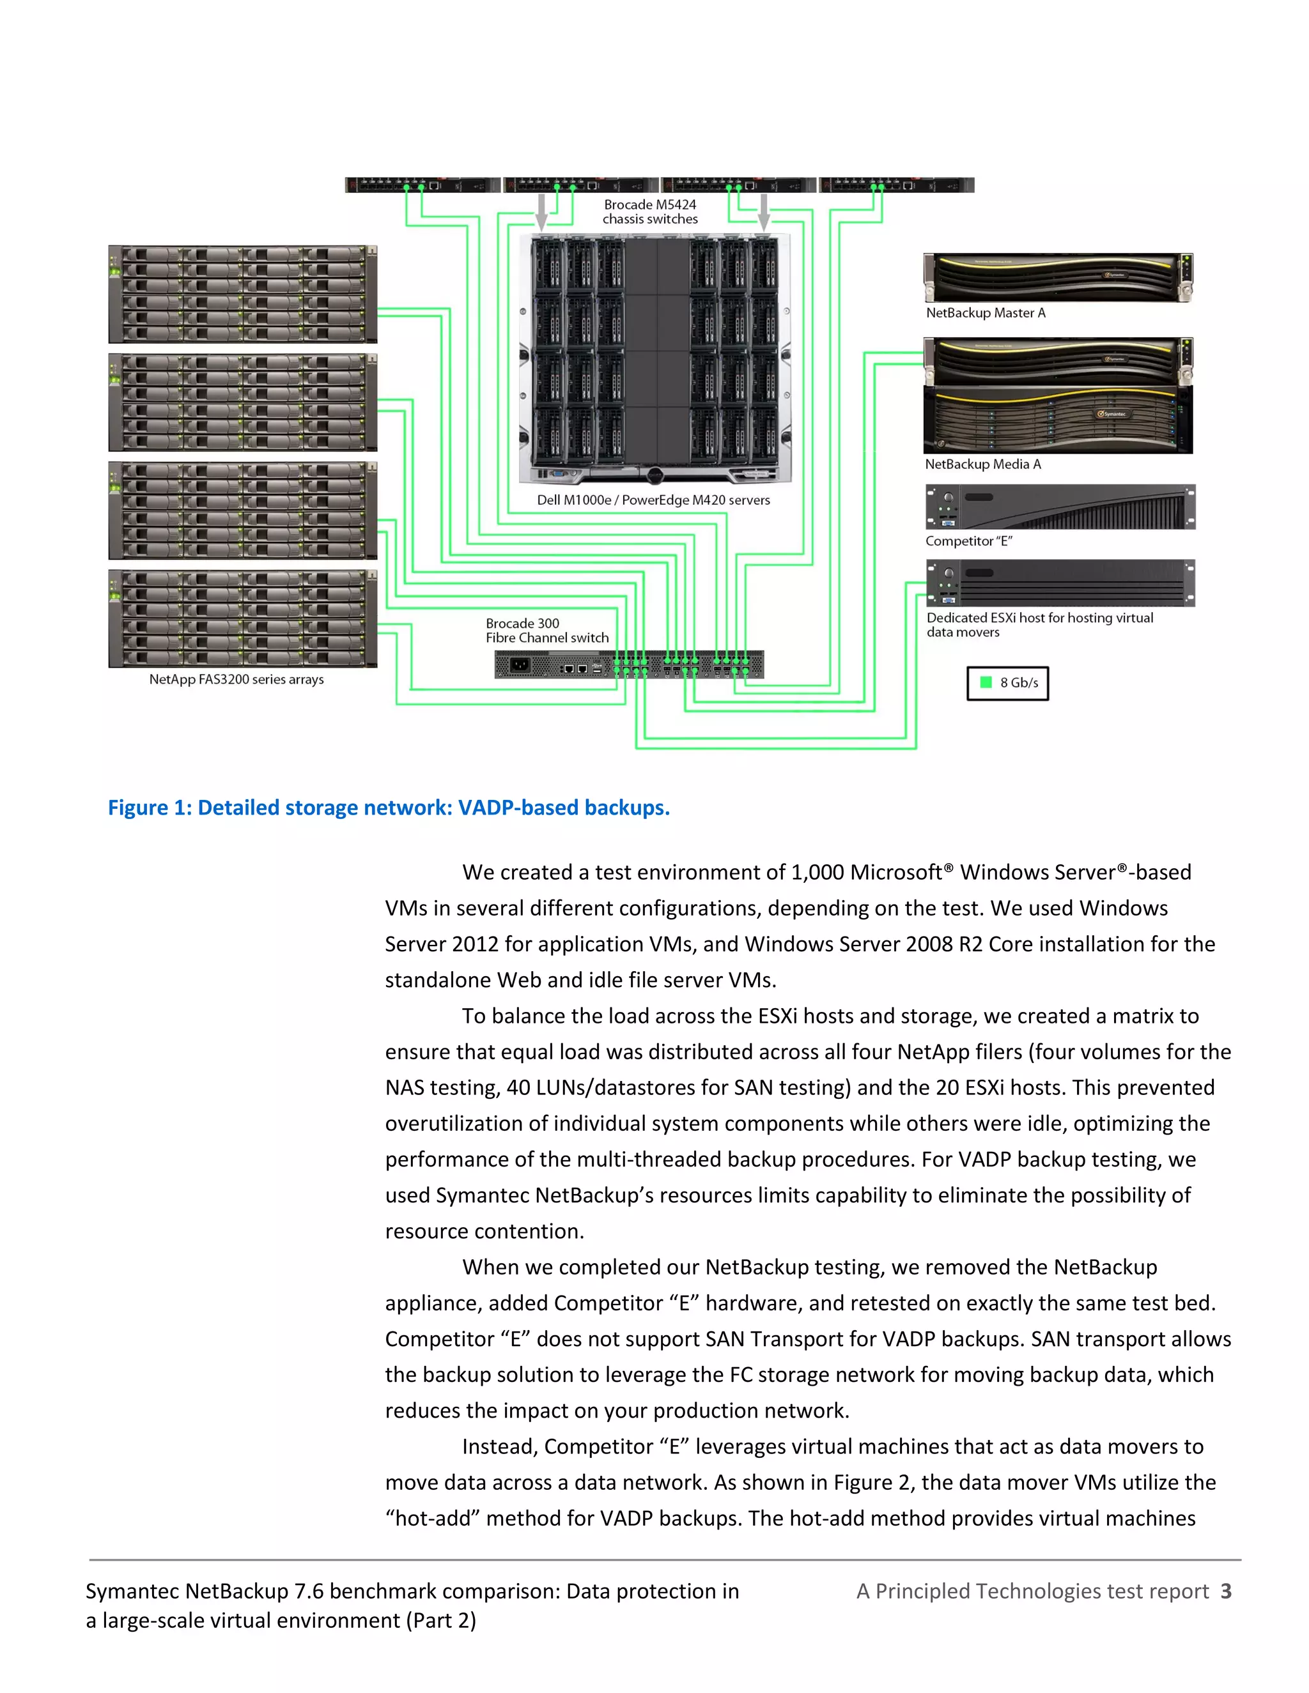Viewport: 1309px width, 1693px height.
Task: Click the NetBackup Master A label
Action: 985,313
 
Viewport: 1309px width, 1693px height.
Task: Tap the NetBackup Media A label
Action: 982,464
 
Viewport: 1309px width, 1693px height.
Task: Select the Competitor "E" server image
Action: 1060,507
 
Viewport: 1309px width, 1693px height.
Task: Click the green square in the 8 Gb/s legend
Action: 986,682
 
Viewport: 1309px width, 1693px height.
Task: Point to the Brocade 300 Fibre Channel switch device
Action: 629,665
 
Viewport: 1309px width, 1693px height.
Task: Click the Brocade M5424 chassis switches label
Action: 650,211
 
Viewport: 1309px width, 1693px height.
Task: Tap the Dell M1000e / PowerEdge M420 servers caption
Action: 653,500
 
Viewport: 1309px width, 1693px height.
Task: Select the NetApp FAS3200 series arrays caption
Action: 236,680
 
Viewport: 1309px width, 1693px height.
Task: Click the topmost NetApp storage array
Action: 243,295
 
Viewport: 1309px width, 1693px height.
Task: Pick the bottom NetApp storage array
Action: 243,618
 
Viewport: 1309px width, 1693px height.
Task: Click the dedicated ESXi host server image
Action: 1060,583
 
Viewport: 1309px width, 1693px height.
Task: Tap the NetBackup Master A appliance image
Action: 1058,277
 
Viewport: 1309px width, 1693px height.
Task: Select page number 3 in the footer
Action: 1225,1591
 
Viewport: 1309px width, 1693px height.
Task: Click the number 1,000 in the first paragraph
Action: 817,873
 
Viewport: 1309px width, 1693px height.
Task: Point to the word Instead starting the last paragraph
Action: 496,1446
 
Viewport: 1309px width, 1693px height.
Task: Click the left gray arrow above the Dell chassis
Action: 542,211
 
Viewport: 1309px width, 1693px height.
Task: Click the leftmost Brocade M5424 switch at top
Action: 422,185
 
